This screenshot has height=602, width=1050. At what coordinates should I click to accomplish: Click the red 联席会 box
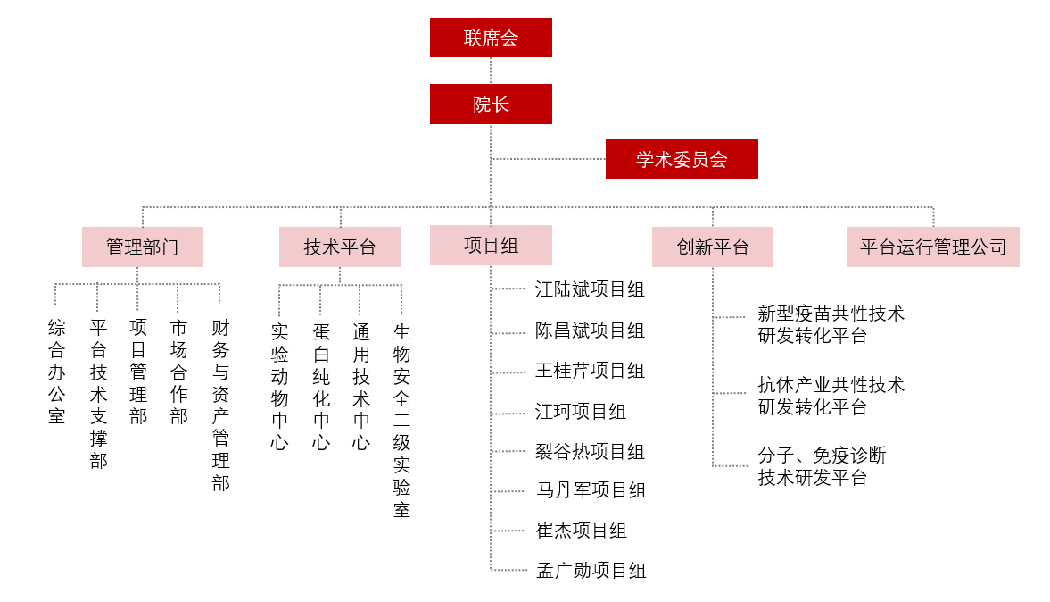(x=491, y=38)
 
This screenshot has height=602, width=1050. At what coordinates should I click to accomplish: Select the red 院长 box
(x=491, y=104)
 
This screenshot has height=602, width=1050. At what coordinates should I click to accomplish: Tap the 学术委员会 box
(x=682, y=159)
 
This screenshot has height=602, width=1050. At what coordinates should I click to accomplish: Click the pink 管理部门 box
(x=143, y=247)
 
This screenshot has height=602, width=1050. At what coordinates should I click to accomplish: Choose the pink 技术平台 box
(x=340, y=247)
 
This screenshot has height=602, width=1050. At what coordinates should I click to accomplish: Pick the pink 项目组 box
(x=491, y=246)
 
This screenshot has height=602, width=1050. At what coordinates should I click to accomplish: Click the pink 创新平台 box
(x=713, y=247)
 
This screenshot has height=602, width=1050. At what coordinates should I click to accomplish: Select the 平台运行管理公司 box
(x=933, y=247)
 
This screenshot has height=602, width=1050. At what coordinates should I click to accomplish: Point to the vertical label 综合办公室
(x=57, y=372)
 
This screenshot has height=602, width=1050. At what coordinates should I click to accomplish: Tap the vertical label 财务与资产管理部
(x=221, y=405)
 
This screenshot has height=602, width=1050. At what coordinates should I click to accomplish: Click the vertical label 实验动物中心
(x=280, y=387)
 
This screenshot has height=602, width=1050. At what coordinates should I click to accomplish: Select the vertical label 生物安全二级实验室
(x=401, y=421)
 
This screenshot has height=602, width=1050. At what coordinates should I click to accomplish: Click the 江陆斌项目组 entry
(x=590, y=289)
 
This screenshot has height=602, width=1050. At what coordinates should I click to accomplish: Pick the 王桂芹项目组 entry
(x=590, y=371)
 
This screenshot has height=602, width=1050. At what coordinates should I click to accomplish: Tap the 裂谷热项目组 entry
(x=590, y=452)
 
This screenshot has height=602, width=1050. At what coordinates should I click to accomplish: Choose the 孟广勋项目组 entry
(x=591, y=571)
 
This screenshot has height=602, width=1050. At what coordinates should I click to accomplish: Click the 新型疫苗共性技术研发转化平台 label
(x=831, y=324)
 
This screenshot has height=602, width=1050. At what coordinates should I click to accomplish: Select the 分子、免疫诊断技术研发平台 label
(x=822, y=466)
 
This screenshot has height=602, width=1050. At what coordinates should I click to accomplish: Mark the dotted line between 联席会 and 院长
(x=491, y=71)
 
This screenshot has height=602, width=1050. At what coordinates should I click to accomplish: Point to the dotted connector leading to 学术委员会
(x=549, y=159)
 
